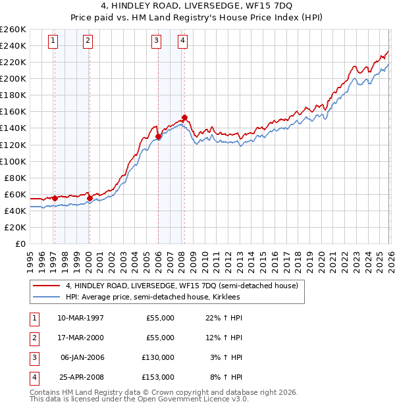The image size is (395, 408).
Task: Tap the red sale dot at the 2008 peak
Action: click(x=185, y=118)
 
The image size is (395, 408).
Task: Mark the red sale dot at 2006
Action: click(x=159, y=136)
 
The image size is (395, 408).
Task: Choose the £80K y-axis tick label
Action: click(x=14, y=178)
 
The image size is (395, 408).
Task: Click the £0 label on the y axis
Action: click(x=20, y=243)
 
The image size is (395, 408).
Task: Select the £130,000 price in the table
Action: click(x=158, y=357)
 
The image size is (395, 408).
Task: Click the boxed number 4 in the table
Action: click(x=34, y=377)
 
